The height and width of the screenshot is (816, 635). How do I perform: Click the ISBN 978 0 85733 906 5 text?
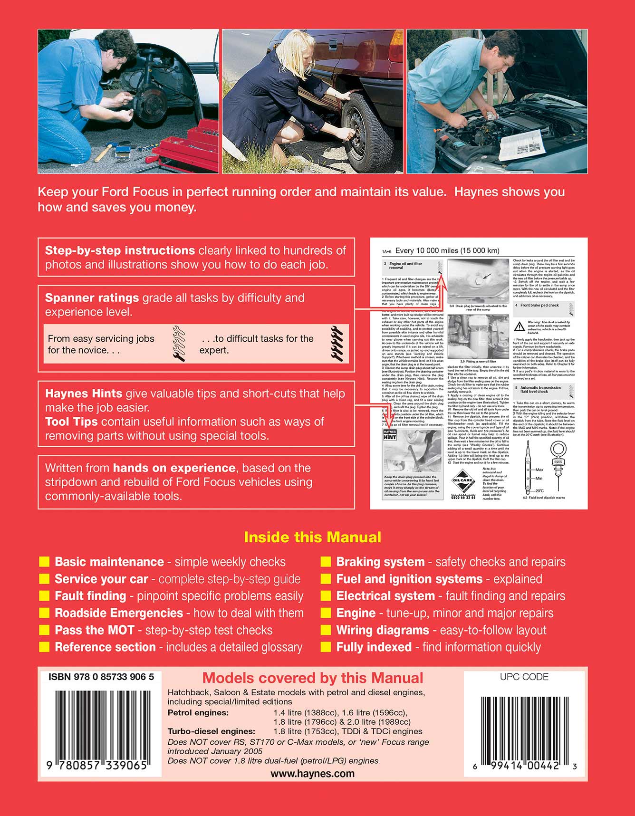coord(101,677)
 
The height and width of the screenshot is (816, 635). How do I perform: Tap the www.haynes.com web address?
coord(312,774)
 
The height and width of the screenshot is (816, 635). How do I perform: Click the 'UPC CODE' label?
coord(524,677)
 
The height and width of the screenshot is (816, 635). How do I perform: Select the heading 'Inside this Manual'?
coord(312,537)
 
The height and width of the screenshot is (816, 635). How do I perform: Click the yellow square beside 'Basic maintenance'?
coord(44,562)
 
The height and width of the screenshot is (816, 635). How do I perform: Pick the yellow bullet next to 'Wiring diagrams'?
coord(326,630)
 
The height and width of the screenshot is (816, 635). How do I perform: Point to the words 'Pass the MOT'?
coord(95,630)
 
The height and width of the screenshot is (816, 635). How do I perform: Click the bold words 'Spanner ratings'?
coord(92,298)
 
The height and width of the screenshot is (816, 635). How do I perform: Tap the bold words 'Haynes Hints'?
coord(84,394)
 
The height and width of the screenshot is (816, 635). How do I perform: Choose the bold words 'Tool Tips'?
coord(71,422)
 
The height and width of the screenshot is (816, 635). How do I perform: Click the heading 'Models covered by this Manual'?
coord(312,678)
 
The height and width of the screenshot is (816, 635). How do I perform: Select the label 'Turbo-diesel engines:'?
coord(211,731)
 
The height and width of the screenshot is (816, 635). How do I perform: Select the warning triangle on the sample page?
coord(519,327)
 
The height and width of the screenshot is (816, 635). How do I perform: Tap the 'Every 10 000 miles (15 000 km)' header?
coord(447,250)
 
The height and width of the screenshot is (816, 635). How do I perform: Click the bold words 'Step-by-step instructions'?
coord(120,250)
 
